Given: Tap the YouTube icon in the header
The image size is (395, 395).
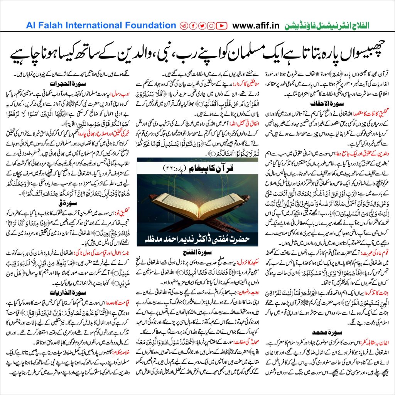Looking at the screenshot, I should (x=221, y=26).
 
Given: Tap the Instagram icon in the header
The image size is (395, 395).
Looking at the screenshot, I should (x=211, y=26).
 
